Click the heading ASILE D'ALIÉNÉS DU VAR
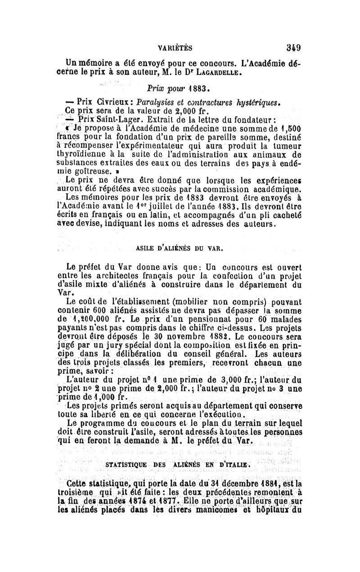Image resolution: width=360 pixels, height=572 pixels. [180, 247]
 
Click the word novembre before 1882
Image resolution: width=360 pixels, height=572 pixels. [189, 336]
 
